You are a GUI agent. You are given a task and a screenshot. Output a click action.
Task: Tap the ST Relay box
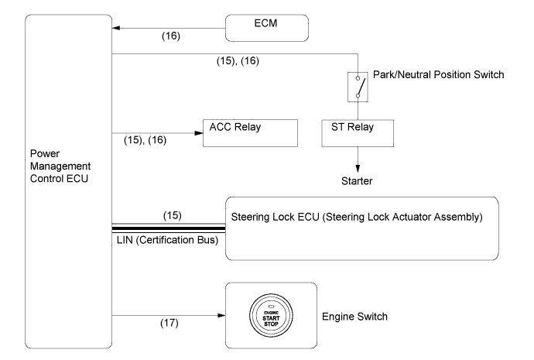coord(358,132)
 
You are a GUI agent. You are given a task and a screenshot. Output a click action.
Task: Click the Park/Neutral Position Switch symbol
coord(358,84)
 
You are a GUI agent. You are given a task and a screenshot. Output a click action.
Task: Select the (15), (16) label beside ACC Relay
coord(145,141)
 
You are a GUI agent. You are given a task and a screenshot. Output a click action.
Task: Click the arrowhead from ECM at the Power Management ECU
coord(116,28)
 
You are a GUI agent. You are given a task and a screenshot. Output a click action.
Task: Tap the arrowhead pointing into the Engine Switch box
coord(221,315)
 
